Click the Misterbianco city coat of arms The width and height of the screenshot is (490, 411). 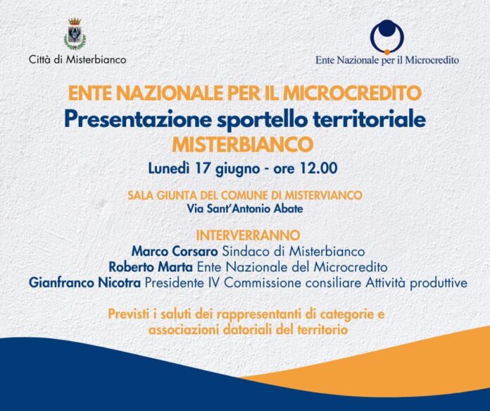[75, 34]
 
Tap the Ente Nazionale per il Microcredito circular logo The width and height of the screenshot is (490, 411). [387, 37]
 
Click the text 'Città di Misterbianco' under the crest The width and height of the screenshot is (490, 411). [77, 59]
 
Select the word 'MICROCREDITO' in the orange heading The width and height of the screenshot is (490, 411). [353, 93]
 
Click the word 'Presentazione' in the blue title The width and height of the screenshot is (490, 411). [137, 120]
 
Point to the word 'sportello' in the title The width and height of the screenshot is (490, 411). [261, 121]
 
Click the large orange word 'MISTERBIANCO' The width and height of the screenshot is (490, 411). [242, 145]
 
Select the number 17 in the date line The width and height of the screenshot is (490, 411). [203, 168]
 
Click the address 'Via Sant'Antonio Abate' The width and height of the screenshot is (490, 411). [245, 209]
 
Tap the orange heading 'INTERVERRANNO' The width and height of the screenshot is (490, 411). [248, 235]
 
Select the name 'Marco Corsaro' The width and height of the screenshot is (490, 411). [175, 252]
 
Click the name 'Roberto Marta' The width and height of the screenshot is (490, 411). [151, 267]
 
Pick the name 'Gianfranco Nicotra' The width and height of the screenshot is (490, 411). [84, 283]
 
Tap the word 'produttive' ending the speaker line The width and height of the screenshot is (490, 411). [439, 283]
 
